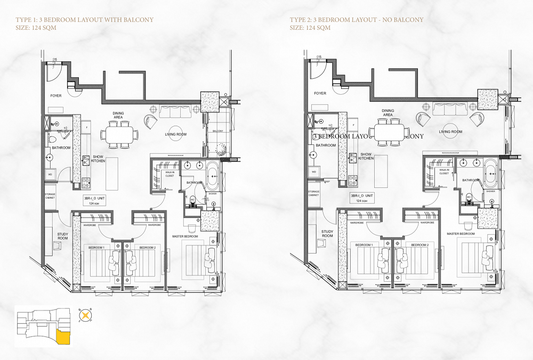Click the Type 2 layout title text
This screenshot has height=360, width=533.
tap(357, 20)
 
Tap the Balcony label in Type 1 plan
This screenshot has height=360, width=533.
tap(219, 130)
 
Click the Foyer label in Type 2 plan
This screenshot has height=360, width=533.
tap(320, 93)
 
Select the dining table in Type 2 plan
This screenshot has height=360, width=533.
tap(390, 131)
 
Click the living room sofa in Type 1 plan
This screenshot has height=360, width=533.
tap(176, 111)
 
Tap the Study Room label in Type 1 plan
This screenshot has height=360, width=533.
tap(64, 236)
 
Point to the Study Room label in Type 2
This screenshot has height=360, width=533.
tap(327, 233)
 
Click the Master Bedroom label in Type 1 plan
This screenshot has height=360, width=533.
tap(185, 235)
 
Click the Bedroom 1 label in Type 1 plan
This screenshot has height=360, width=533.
tap(96, 248)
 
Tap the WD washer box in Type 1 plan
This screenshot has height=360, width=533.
tap(50, 174)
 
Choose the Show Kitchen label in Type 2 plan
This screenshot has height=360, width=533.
tap(366, 156)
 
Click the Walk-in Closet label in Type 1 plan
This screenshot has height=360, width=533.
tap(169, 174)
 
